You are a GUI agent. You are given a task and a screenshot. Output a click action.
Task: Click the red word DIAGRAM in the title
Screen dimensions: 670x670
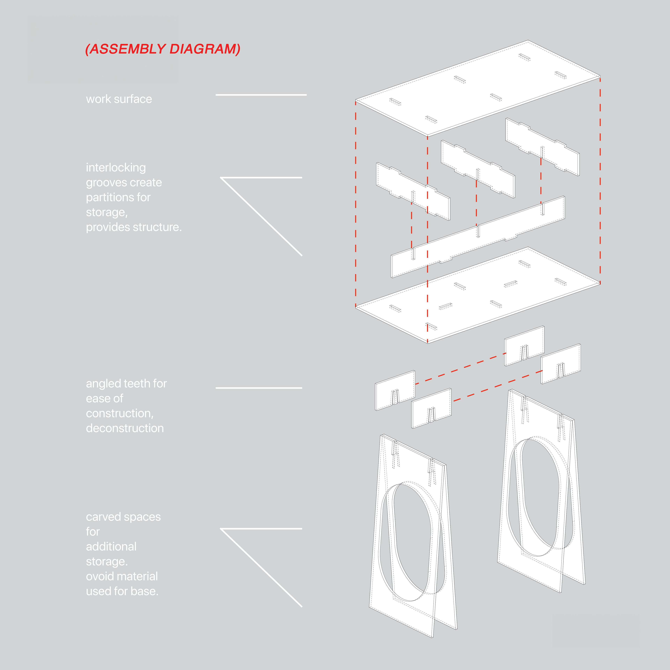[205, 49]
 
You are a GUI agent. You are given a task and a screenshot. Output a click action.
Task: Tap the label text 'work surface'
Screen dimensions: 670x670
[119, 99]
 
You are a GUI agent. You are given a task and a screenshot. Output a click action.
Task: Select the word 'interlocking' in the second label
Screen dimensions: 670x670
[116, 167]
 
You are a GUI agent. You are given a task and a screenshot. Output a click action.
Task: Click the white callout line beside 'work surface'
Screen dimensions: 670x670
[261, 95]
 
